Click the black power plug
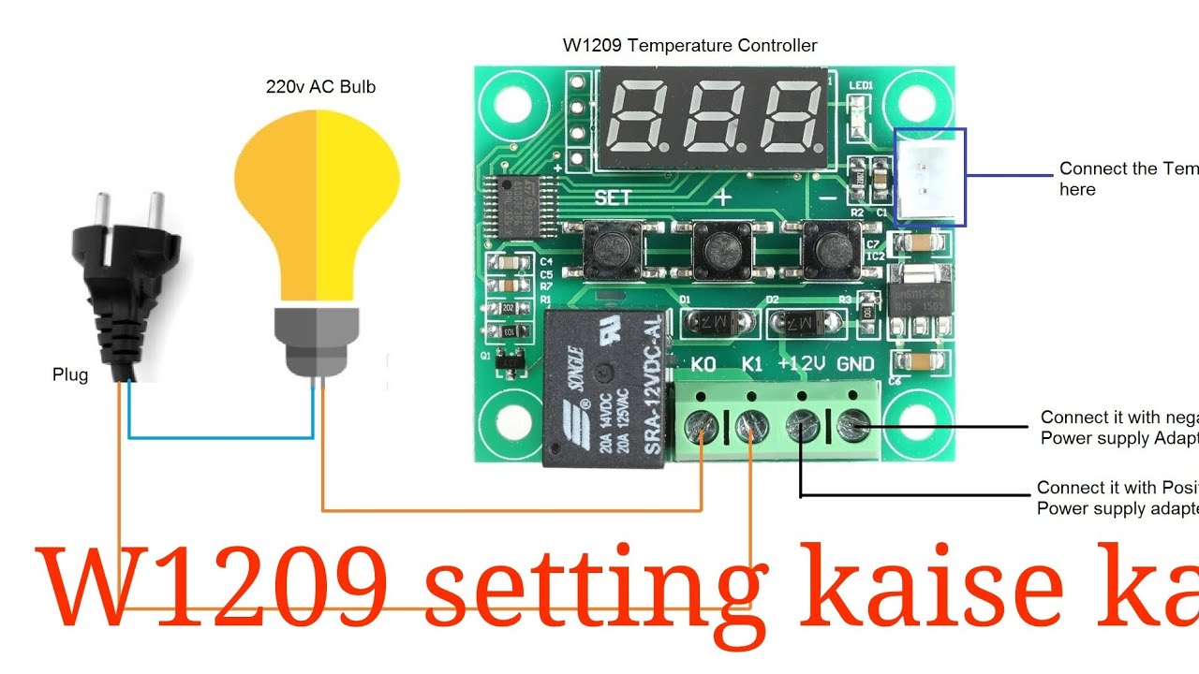coord(128,281)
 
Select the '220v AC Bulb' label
coord(321,87)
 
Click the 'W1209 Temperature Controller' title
coord(689,45)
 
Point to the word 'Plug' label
coord(70,375)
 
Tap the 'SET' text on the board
coord(614,198)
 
